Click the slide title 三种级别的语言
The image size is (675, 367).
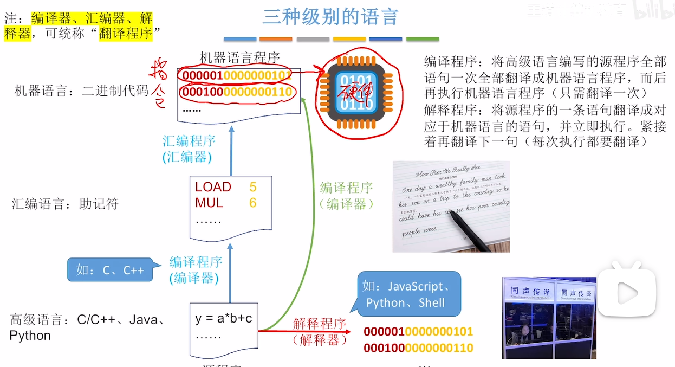tap(330, 17)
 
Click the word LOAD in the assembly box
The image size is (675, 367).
tap(213, 187)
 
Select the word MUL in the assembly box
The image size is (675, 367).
tap(209, 203)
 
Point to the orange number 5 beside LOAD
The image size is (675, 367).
tap(253, 187)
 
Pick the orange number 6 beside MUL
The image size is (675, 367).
tap(253, 203)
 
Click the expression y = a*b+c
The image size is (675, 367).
tap(224, 318)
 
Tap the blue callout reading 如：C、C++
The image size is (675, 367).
tap(110, 269)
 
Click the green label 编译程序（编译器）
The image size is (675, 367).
tap(346, 196)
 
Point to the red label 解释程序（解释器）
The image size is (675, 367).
tap(319, 332)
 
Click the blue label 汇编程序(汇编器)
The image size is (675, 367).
tap(189, 149)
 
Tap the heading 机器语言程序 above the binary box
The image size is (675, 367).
tap(239, 57)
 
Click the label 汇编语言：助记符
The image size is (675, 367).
tap(65, 204)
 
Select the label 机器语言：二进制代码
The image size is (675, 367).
tap(81, 91)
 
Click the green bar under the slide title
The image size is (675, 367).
tap(423, 39)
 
